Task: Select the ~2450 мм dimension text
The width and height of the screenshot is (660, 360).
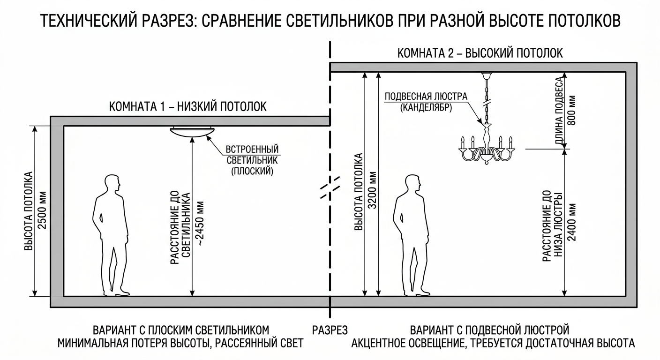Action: [x=200, y=223]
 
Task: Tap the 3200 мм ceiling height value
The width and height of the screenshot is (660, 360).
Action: [x=373, y=190]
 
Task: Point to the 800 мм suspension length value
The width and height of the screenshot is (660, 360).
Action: [x=572, y=110]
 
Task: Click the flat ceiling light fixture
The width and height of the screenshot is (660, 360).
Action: [x=192, y=132]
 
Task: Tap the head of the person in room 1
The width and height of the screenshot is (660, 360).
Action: [x=112, y=183]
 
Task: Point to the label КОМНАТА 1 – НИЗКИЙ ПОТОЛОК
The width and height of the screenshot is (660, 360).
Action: [x=188, y=106]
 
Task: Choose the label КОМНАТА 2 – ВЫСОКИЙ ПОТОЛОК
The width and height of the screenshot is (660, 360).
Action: [x=480, y=53]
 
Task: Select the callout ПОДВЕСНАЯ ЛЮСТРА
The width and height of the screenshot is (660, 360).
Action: [x=426, y=97]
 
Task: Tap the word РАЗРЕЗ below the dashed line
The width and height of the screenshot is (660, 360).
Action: [x=330, y=330]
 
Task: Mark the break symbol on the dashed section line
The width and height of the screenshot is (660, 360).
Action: [x=330, y=187]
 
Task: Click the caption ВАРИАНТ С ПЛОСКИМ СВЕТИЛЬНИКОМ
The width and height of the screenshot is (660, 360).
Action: [x=181, y=330]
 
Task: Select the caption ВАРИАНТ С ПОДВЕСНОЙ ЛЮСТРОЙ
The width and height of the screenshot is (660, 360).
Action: [x=490, y=330]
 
